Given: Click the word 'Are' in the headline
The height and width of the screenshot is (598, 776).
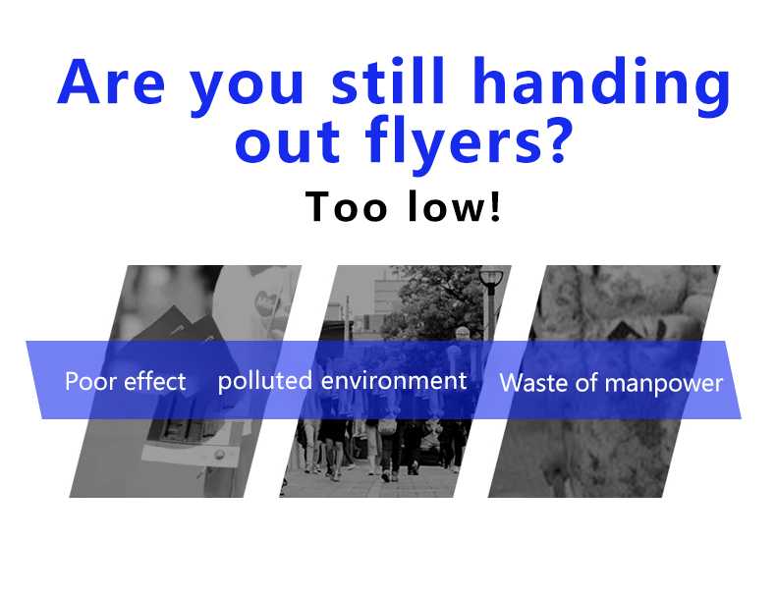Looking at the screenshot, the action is [111, 82].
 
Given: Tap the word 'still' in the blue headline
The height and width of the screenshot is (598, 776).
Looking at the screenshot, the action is [388, 81].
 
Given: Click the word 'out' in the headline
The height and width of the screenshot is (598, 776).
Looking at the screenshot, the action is [288, 143].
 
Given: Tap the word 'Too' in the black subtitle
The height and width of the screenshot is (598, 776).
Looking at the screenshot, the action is [346, 206].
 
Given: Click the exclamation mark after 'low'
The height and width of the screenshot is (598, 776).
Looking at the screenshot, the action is [495, 206].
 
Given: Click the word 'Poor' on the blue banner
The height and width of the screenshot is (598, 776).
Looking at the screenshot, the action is [91, 381].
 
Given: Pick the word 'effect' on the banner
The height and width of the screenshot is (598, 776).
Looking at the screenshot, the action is [154, 381].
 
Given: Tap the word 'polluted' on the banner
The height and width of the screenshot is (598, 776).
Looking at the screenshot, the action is [265, 381].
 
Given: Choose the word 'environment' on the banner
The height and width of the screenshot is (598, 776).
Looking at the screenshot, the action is [394, 381].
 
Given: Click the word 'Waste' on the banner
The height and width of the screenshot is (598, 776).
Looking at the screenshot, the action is [533, 383].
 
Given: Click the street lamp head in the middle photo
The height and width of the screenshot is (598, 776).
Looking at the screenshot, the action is [491, 277].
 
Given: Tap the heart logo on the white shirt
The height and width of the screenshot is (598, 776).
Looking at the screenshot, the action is [266, 300].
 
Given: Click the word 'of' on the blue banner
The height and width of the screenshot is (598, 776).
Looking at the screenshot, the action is [586, 383].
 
